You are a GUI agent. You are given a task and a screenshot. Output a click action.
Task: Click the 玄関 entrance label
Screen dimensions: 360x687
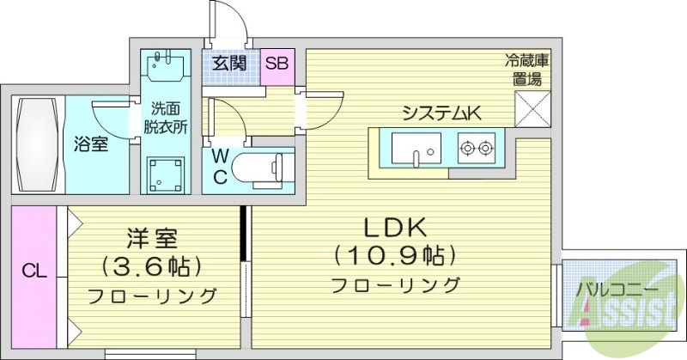[x=230, y=63]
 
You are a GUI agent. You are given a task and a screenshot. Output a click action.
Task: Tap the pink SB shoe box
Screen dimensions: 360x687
[x=277, y=63]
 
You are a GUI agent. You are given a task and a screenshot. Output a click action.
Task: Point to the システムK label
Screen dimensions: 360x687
[x=441, y=112]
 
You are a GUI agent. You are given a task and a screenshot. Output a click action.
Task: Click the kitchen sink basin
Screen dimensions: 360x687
[x=417, y=148]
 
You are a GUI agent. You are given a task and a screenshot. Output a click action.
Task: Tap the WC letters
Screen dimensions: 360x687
[x=220, y=168]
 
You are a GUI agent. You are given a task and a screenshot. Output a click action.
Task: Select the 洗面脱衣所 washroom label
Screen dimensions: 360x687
[x=166, y=119]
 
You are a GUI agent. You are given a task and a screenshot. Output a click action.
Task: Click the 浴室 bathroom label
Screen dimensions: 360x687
[x=90, y=144]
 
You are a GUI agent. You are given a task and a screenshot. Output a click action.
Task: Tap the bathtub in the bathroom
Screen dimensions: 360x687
[x=37, y=144]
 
